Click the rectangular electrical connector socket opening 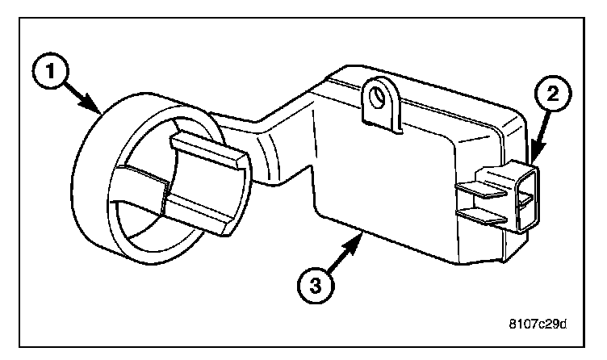point(525,196)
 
